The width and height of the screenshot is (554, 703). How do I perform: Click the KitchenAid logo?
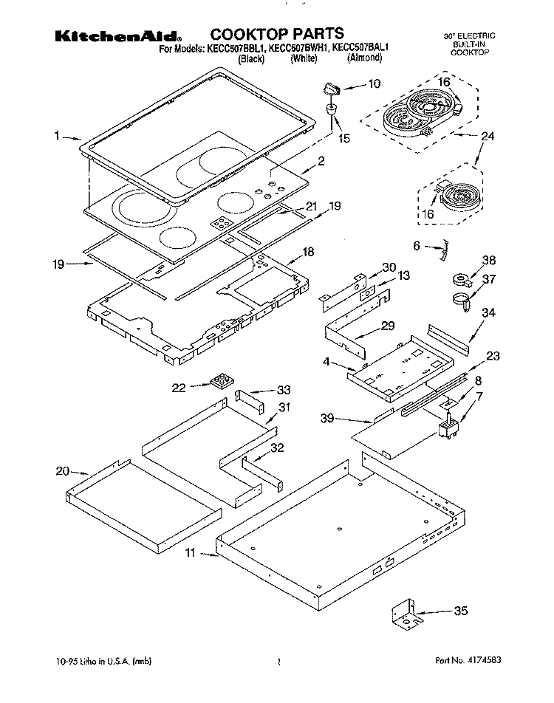click(x=117, y=35)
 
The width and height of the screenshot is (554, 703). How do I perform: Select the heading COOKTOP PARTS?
click(x=277, y=33)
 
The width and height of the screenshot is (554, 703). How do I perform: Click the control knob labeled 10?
click(x=329, y=90)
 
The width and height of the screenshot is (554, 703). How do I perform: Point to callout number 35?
click(x=461, y=611)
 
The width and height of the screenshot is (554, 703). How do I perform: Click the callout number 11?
click(x=190, y=552)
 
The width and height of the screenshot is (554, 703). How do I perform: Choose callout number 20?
click(x=62, y=470)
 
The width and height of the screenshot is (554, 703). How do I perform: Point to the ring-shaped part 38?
click(x=462, y=280)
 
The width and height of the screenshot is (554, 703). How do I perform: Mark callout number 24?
click(x=487, y=136)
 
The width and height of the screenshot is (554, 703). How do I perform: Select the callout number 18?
click(x=309, y=253)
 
